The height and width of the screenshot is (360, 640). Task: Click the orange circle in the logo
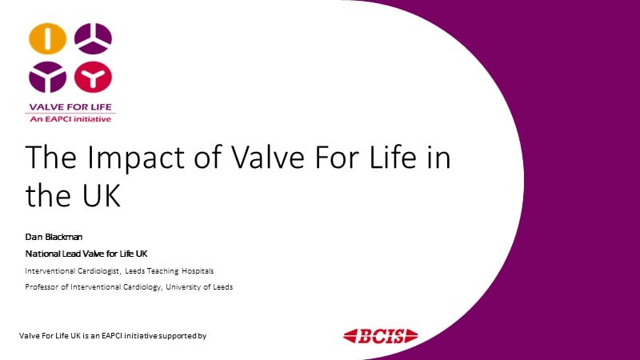click(x=48, y=38)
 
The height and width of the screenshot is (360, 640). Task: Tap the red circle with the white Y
click(x=93, y=77)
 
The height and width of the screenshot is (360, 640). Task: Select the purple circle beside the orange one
click(x=93, y=38)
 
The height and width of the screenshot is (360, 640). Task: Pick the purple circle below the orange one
click(x=48, y=77)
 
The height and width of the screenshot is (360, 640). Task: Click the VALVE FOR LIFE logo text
click(x=70, y=107)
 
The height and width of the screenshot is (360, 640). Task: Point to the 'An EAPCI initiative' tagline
click(x=70, y=119)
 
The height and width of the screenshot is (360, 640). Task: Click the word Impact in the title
click(x=135, y=158)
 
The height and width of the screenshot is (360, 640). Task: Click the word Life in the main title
click(x=393, y=157)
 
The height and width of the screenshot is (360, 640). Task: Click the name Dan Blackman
click(x=54, y=237)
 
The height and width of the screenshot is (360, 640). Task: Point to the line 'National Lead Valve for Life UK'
click(x=86, y=254)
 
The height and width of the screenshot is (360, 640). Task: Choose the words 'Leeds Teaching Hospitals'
click(x=170, y=271)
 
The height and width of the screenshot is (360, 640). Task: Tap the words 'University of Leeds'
click(x=199, y=287)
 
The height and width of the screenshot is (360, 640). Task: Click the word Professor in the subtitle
click(x=42, y=287)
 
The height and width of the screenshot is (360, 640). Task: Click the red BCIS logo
click(x=381, y=336)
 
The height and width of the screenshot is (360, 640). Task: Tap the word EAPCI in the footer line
click(x=112, y=335)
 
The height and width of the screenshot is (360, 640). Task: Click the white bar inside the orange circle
click(x=48, y=38)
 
